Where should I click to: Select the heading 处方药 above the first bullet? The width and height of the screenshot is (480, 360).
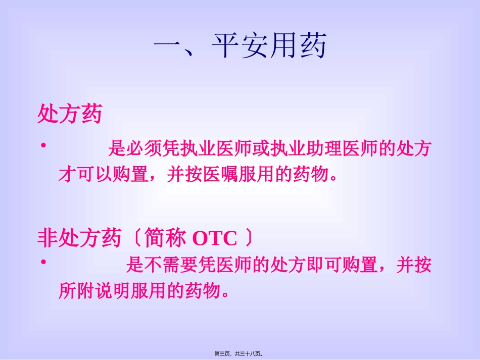click(x=70, y=114)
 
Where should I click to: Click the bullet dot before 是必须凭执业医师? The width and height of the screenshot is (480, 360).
click(x=43, y=146)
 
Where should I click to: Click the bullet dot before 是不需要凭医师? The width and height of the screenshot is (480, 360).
click(x=43, y=262)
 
